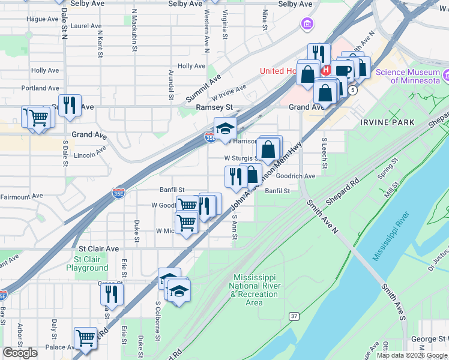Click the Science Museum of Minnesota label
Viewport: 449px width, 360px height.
point(408,76)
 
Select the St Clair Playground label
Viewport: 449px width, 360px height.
point(88,263)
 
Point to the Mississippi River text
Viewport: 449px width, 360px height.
point(391,236)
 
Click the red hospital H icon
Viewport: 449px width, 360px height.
point(327,70)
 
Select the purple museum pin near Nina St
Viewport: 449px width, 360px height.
point(307,25)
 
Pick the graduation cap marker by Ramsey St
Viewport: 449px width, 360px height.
point(225,128)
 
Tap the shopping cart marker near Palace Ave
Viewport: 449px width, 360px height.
point(85,338)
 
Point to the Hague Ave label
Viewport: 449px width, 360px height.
point(43,19)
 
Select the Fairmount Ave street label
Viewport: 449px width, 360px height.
point(22,196)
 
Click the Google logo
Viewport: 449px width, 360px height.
point(20,353)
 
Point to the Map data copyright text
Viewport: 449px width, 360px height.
point(412,355)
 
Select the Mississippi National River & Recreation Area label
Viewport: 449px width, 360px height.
point(254,290)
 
